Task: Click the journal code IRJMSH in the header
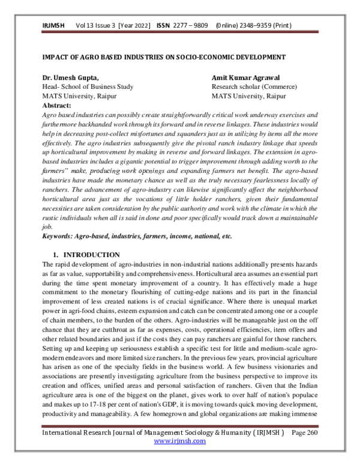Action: tap(53, 27)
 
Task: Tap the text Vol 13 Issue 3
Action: tap(96, 27)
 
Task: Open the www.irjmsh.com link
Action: tap(180, 441)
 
